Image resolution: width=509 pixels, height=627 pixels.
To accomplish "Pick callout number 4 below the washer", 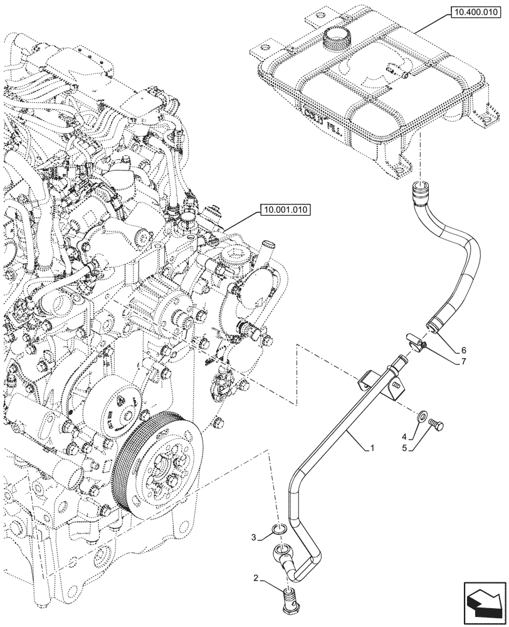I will point(405,436).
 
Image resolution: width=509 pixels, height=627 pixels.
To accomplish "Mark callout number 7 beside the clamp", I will point(463,362).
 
